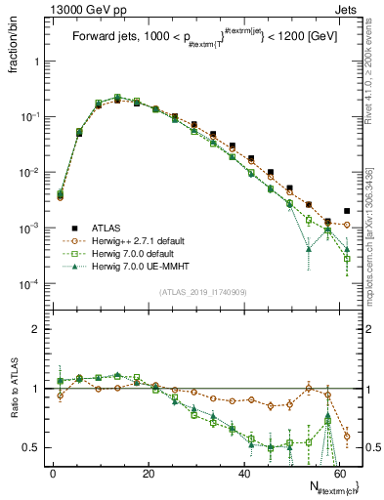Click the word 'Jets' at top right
click(345, 9)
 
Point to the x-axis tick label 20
click(149, 472)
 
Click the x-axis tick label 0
click(53, 472)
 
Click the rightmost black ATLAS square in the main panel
click(348, 210)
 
